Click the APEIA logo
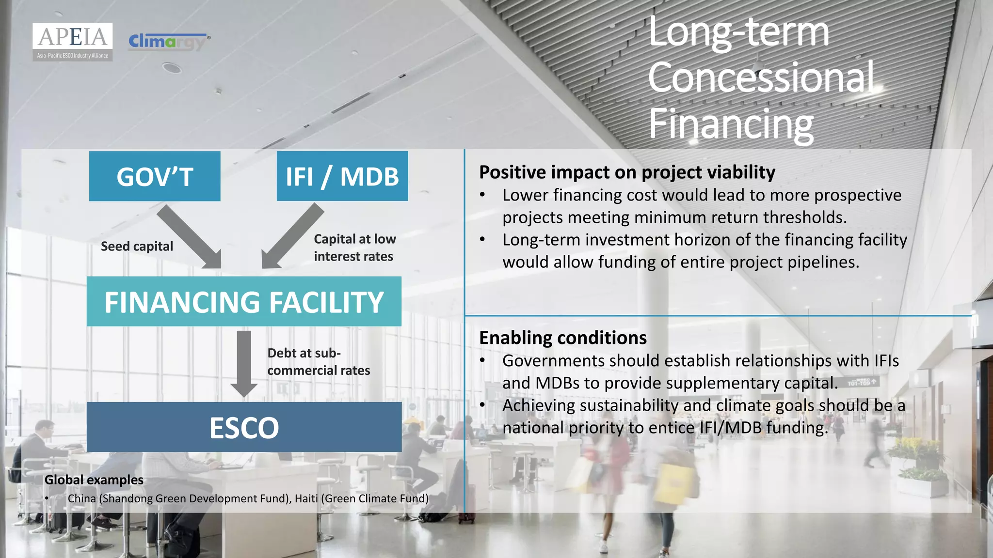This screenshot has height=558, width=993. [73, 42]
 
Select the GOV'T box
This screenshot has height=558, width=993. [155, 176]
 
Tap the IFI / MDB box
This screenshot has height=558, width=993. [342, 176]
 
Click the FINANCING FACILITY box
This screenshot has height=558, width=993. [244, 301]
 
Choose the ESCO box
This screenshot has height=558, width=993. [244, 427]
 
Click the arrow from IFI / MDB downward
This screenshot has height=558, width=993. [292, 236]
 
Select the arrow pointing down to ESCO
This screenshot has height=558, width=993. [244, 363]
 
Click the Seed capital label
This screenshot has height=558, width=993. [137, 247]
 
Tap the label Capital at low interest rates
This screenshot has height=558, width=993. [354, 248]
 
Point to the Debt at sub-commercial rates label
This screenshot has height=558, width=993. [318, 362]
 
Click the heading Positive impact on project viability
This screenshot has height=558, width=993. [627, 172]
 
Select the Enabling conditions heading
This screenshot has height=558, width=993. [562, 338]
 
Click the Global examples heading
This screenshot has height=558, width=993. [94, 480]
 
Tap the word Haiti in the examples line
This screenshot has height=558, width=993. [306, 498]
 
